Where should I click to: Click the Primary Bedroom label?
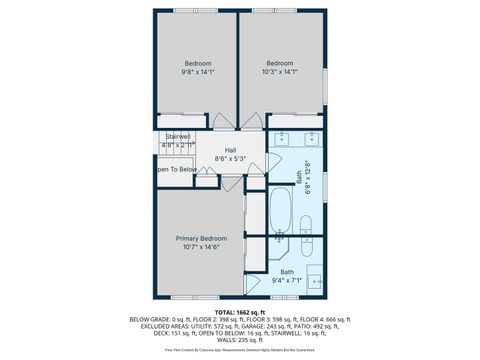point(201,238)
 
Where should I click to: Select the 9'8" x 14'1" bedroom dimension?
point(197,72)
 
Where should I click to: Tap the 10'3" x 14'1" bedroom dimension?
point(281,72)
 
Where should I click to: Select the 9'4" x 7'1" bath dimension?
point(287,280)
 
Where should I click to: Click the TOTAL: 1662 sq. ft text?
point(240,311)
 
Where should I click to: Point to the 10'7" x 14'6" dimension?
point(201,247)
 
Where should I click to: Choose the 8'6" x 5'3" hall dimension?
point(230,158)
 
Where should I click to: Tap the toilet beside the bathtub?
point(307,246)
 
